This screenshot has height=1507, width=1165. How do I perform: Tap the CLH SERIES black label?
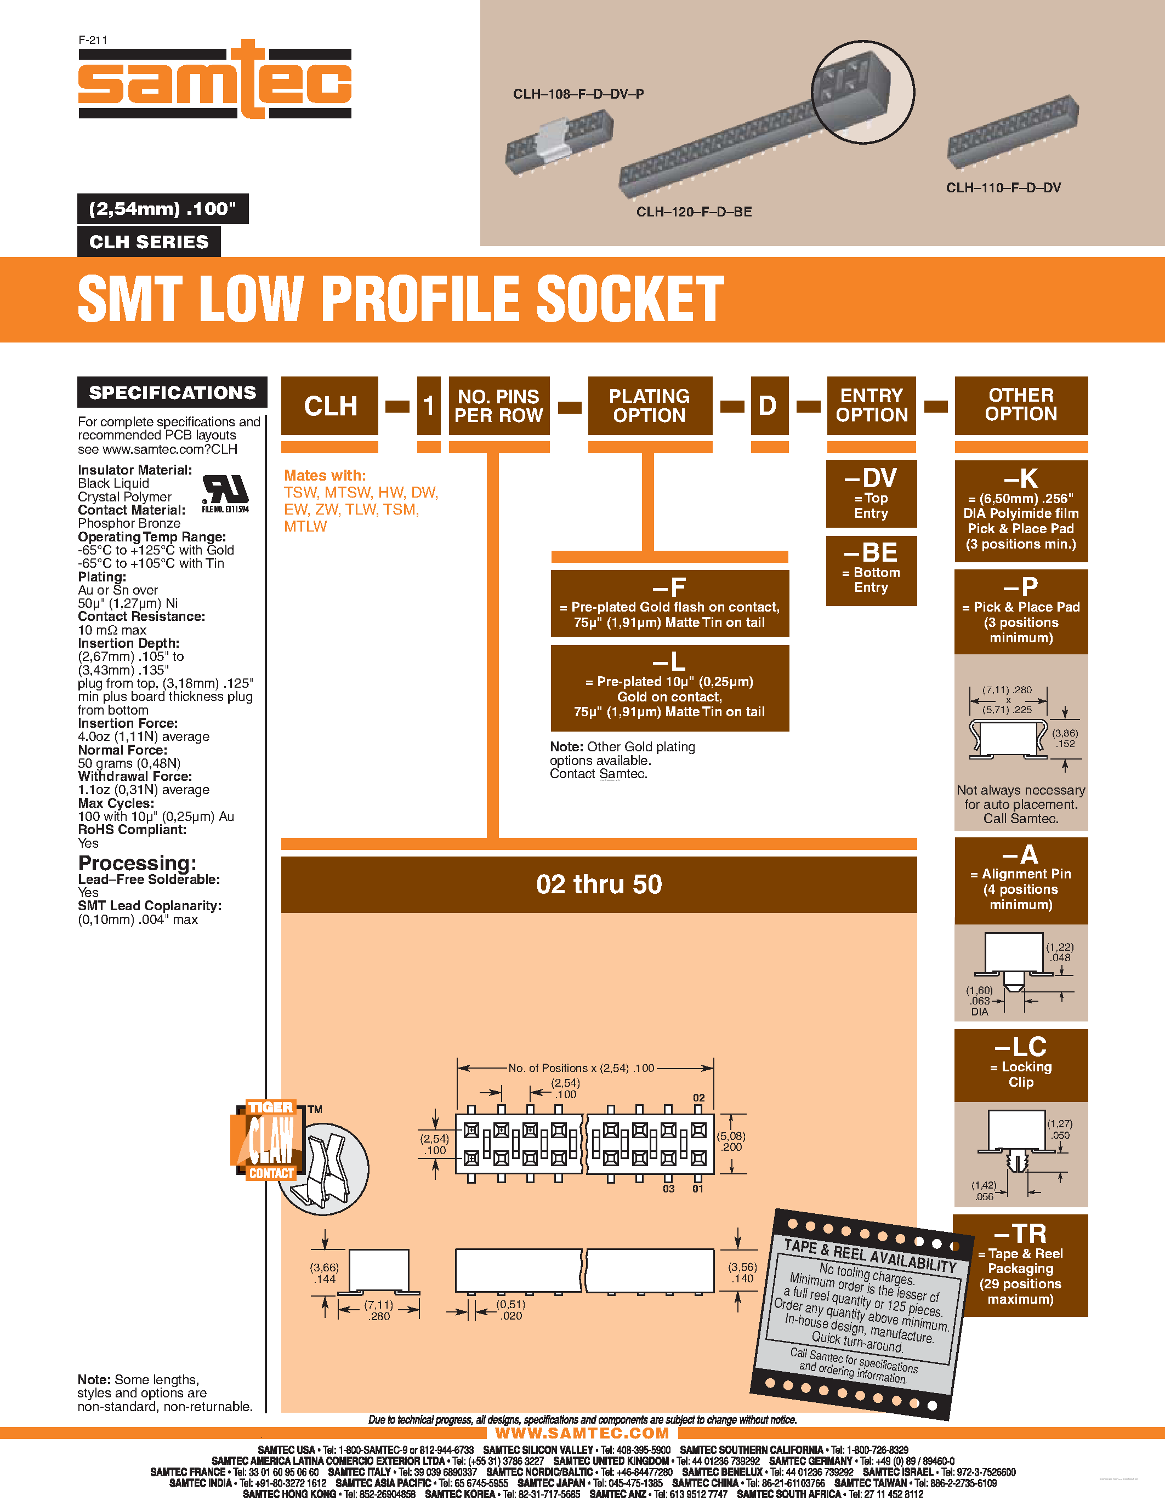149,242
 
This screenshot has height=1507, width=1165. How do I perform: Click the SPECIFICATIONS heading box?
172,392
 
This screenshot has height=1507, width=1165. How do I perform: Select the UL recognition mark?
225,493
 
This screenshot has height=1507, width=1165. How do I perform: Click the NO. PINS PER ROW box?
498,406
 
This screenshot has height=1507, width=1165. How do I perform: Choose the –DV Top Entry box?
871,493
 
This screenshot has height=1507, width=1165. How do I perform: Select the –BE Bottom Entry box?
871,570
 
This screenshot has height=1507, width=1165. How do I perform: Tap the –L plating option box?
669,688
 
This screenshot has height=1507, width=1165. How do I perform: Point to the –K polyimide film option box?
1021,511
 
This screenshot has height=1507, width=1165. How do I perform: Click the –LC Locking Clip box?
1021,1064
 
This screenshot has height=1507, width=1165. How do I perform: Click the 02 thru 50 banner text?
598,884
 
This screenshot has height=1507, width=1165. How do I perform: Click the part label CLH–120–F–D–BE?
694,212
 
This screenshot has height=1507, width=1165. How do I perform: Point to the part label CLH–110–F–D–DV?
1003,187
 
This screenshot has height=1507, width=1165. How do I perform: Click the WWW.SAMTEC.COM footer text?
582,1433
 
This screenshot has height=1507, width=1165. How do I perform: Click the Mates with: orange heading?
325,476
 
